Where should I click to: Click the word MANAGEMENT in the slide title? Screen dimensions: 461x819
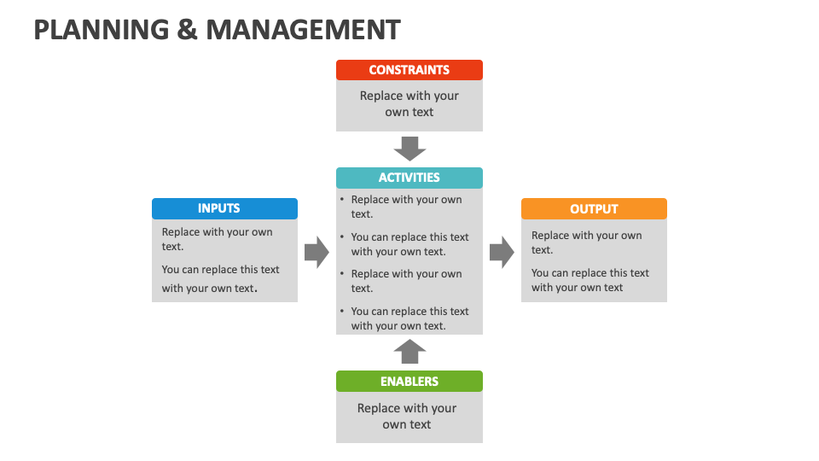303,30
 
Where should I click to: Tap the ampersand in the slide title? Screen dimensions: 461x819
189,30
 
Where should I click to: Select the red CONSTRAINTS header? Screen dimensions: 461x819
409,70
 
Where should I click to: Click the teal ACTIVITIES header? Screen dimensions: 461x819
409,178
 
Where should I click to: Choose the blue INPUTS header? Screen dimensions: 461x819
224,208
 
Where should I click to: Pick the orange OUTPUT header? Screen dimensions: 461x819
594,209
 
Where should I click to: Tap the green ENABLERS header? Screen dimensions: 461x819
409,382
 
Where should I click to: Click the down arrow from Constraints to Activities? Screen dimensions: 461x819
409,149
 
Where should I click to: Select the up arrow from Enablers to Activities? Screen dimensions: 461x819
409,351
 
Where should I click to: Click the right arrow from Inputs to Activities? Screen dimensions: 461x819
317,252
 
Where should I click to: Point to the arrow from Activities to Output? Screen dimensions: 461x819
502,252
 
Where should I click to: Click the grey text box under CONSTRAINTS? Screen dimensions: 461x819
409,105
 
